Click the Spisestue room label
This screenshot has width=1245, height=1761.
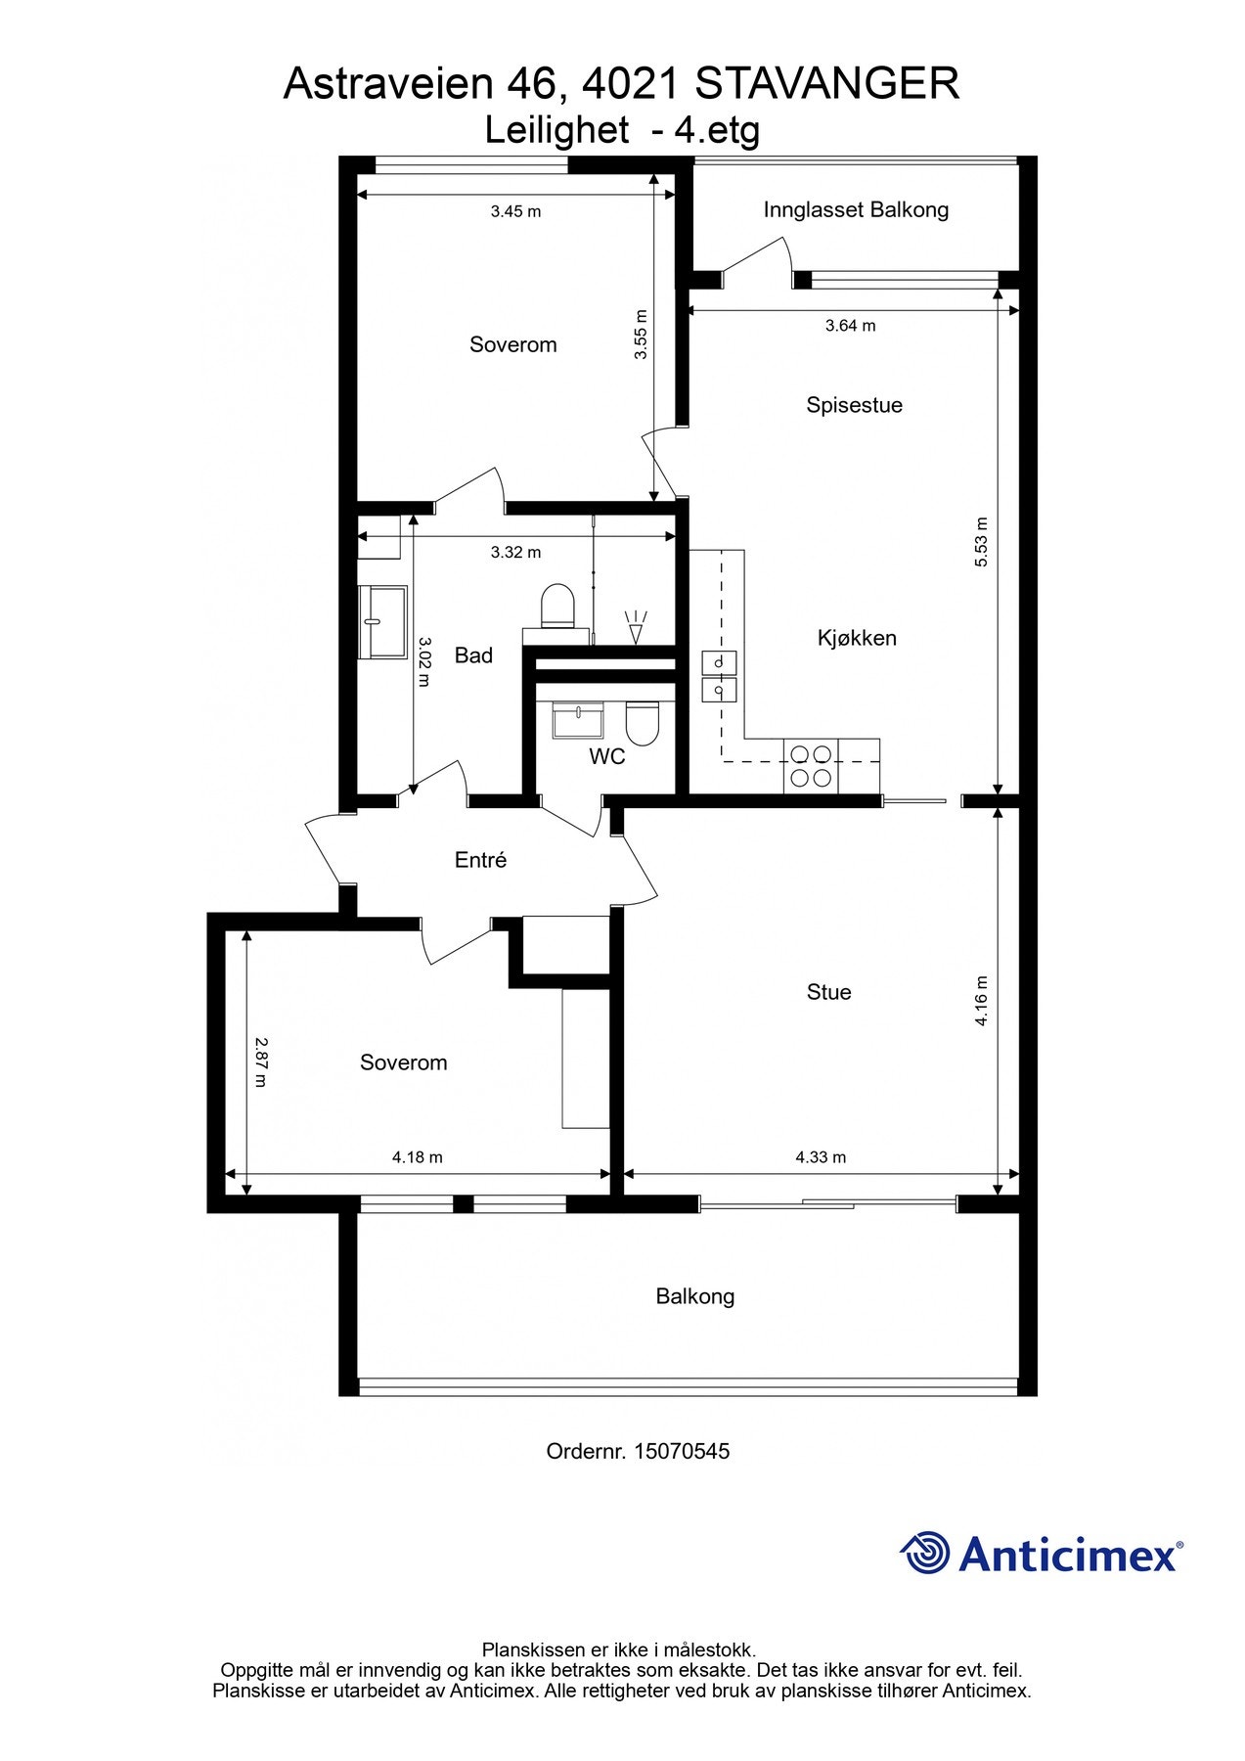point(854,405)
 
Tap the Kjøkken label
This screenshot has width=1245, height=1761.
point(857,638)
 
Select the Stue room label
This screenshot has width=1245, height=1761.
point(828,992)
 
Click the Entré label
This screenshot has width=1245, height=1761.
point(480,860)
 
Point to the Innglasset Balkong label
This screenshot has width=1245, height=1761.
point(856,209)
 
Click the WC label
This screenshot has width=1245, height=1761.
point(606,756)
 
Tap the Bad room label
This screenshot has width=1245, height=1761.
point(473,655)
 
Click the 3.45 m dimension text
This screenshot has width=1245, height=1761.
point(515,211)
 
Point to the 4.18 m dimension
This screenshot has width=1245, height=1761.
point(418,1157)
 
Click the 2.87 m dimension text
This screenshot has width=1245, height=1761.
point(260,1062)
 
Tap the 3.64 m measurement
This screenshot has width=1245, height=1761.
point(850,326)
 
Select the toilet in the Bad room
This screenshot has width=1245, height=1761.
point(557,606)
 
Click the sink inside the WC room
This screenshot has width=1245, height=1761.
point(578,721)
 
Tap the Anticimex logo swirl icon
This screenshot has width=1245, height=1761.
point(925,1553)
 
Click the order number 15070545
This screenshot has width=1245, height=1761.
point(682,1451)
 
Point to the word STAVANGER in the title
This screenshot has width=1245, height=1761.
point(827,84)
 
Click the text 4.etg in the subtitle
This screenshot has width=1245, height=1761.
point(717,130)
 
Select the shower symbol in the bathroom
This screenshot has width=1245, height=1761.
point(636,627)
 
